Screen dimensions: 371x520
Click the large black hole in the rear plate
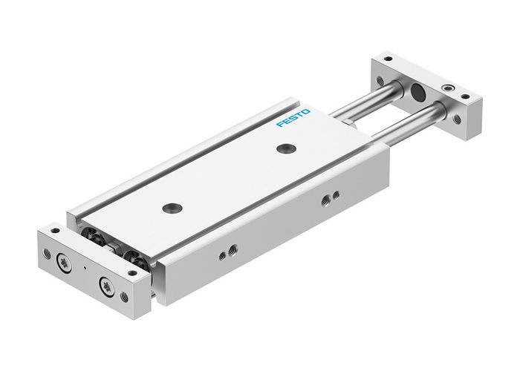click(417, 95)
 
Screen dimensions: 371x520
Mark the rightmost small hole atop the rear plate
click(467, 97)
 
